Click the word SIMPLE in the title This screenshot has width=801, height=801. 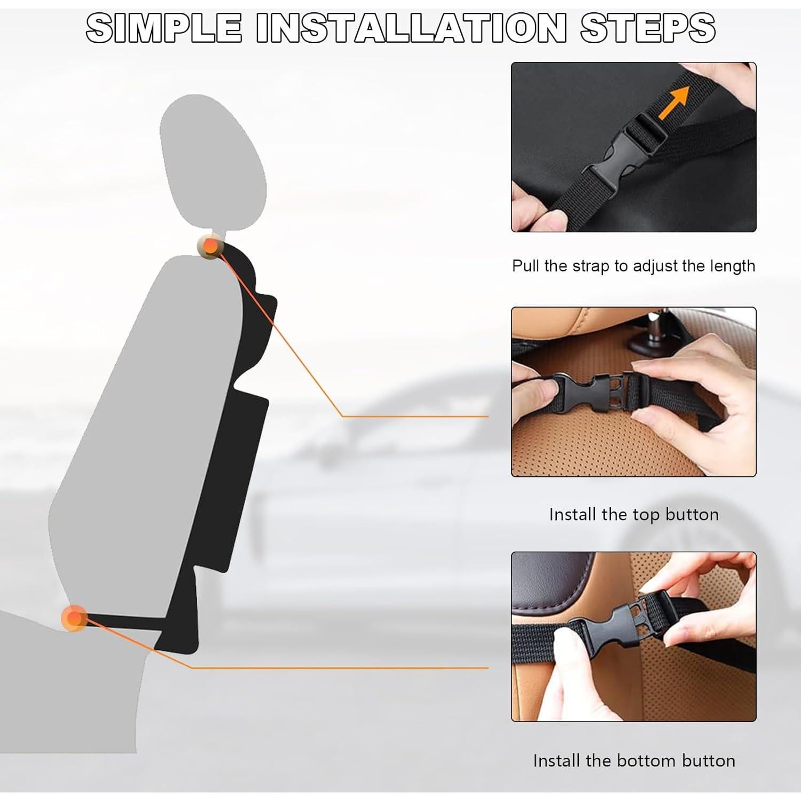(163, 28)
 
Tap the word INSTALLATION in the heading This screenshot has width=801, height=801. (411, 28)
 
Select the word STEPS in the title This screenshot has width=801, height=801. (648, 28)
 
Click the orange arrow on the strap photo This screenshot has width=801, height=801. (673, 105)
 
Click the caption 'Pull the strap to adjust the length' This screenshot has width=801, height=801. (633, 266)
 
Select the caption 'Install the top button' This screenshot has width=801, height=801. (633, 514)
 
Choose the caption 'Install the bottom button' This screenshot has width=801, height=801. (633, 760)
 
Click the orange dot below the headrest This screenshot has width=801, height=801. (211, 246)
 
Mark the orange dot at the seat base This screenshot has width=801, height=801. (75, 618)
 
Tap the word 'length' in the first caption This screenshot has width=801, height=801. (733, 266)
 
